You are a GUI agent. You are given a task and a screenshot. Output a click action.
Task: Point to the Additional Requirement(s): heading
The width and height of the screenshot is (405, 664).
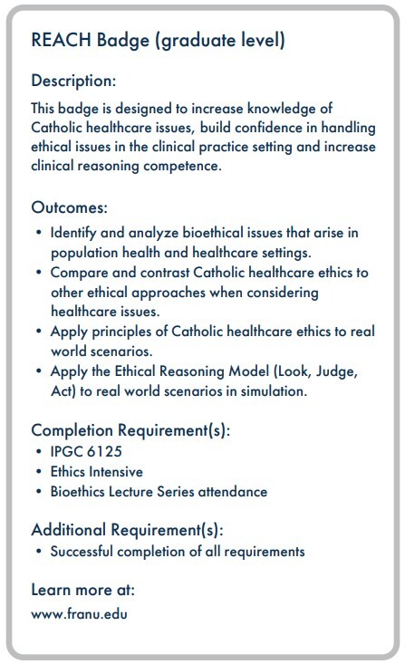point(126,529)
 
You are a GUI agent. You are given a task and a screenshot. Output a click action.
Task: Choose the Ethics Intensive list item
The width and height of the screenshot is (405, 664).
point(96,471)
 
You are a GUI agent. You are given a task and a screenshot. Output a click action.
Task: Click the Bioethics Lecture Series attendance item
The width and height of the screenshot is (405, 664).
point(159,491)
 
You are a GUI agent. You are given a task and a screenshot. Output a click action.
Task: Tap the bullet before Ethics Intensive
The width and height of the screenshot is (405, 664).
point(39,471)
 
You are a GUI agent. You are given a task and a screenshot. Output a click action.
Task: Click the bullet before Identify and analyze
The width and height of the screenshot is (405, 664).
point(39,233)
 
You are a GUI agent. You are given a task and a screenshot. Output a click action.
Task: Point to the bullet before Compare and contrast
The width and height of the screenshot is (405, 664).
point(39,272)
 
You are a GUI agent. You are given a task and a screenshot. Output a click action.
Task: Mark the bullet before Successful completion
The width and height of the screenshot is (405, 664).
point(39,551)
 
